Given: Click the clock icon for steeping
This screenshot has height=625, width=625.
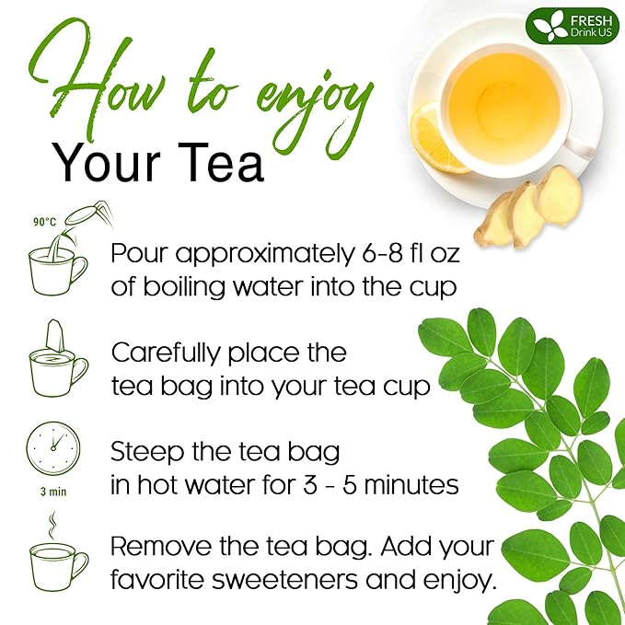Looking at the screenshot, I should [52, 448].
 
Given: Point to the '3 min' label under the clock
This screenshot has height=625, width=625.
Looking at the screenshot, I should [52, 492].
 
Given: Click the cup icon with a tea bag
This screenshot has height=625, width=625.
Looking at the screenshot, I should [57, 359].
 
